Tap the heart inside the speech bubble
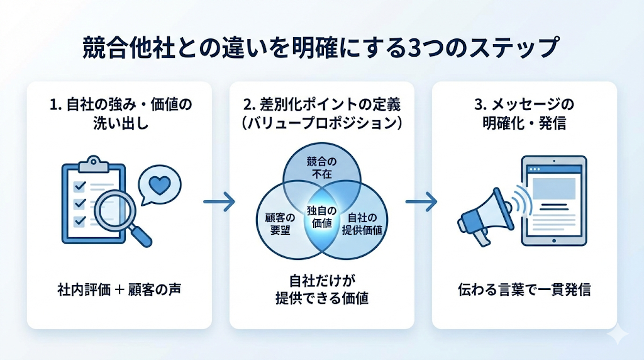(161, 186)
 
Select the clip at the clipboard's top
(94, 162)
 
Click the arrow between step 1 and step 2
(219, 202)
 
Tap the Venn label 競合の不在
(321, 167)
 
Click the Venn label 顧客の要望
(274, 223)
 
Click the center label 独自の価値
(322, 217)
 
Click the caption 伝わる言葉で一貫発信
(524, 290)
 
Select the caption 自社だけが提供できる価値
(321, 290)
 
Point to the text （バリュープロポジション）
(322, 123)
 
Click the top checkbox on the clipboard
(80, 186)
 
